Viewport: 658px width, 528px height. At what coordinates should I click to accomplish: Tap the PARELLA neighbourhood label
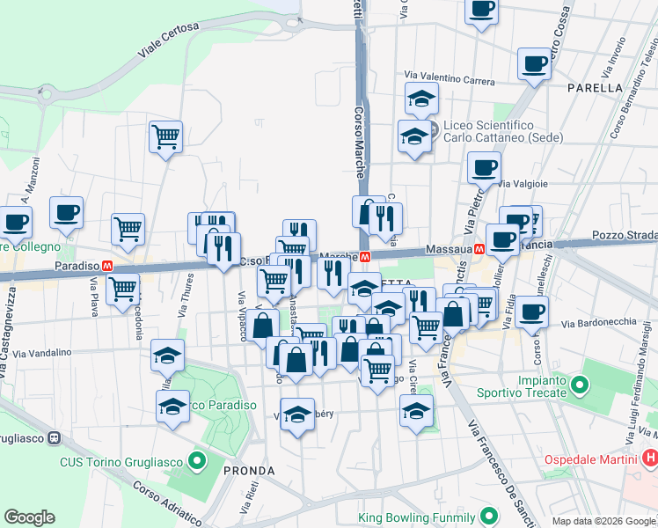coord(595,88)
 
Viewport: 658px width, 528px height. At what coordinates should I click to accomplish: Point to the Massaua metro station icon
coord(479,249)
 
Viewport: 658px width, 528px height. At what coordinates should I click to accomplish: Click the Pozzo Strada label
coord(625,235)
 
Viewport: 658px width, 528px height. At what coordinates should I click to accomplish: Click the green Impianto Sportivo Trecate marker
coord(579,385)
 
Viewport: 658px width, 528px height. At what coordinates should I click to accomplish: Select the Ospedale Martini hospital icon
coord(650,458)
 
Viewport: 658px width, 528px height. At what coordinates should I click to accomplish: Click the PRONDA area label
coord(249,471)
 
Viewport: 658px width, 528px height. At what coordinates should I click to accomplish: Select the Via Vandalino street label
coord(42,353)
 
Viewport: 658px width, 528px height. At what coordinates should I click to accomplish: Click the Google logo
coord(29,517)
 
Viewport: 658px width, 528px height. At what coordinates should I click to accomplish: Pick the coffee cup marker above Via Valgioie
coord(483,166)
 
